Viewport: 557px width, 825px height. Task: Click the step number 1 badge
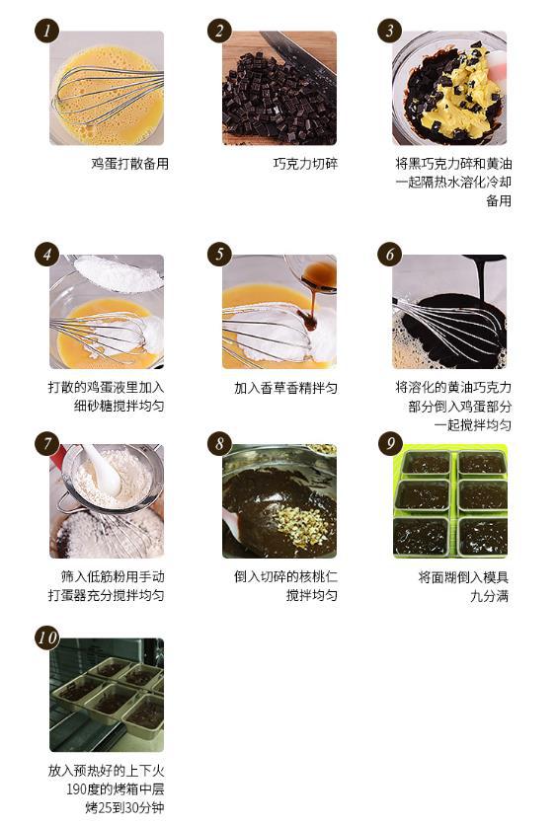[x=46, y=31]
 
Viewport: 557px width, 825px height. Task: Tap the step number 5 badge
[x=219, y=255]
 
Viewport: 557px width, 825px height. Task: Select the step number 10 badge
[x=46, y=637]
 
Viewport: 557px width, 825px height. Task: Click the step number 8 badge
[x=219, y=443]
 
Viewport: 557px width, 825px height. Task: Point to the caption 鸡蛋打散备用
[x=129, y=164]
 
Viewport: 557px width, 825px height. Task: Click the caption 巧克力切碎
[x=305, y=164]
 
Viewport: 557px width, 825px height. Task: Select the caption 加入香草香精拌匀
[x=285, y=388]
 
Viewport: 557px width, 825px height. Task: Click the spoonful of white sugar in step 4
[x=119, y=272]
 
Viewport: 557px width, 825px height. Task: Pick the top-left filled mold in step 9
[x=426, y=463]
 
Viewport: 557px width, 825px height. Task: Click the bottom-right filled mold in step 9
[x=482, y=537]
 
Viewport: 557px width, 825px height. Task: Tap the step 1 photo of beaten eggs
[x=107, y=88]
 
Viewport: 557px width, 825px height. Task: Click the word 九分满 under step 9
[x=490, y=596]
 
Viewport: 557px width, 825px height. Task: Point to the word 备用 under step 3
[x=499, y=201]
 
